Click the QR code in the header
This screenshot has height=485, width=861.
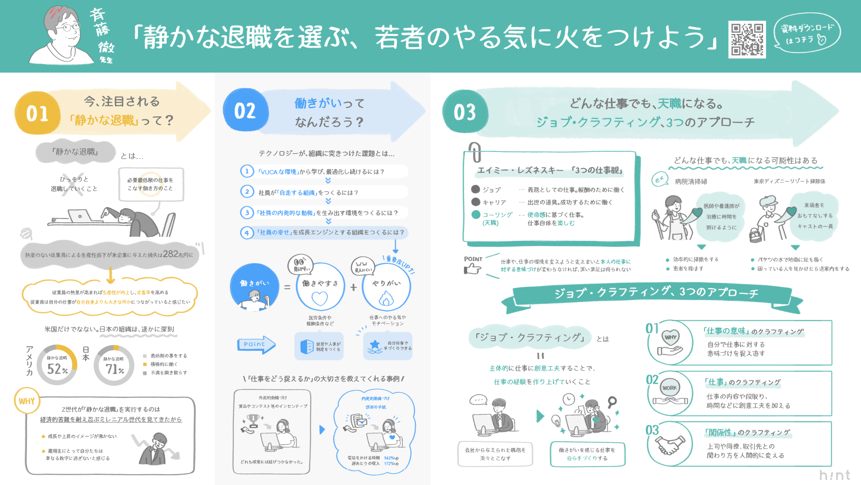coord(747,39)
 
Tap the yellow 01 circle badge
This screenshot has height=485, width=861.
coord(37,113)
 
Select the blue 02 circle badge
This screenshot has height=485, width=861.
coord(246,110)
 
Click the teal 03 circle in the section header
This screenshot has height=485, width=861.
coord(465,112)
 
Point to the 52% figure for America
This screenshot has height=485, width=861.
coord(57,369)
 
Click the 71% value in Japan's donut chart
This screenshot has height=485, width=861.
coord(115,369)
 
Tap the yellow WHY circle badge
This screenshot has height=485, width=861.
coord(27,401)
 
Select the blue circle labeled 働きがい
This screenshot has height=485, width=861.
coord(254,287)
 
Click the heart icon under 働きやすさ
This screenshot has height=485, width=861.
coord(320,298)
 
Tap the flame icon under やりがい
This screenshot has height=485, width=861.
coord(386,299)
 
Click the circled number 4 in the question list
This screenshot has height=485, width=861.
coord(247,233)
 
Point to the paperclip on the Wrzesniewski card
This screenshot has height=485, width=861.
coord(475,152)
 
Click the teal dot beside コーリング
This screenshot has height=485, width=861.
coord(476,215)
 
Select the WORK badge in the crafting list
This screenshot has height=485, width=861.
coord(669,388)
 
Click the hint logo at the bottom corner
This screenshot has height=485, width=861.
coord(835,475)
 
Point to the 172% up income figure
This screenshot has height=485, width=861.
coord(391,464)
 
